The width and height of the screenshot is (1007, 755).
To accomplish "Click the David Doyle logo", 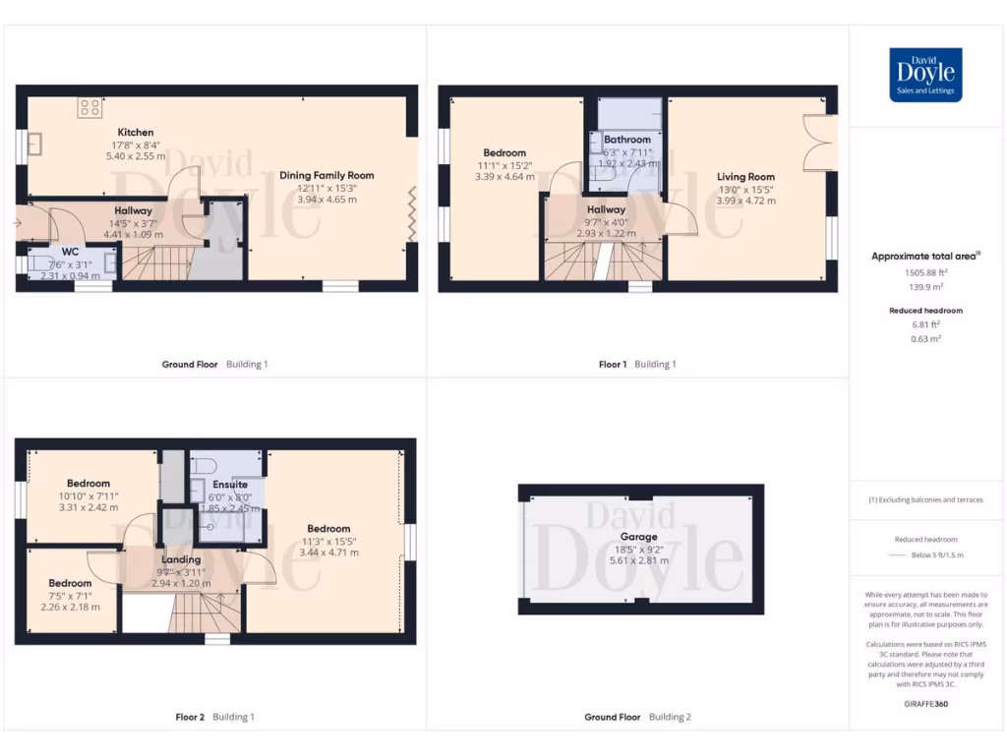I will pos(925,75).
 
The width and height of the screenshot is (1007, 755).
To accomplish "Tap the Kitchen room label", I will pos(136,133).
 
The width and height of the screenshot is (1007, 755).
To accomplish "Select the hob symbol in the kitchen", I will pos(90,107).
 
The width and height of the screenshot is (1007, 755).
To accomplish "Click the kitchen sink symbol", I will pos(35,145).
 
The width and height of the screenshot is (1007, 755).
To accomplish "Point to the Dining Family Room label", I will pos(326,175).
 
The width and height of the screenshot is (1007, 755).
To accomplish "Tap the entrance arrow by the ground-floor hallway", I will pos(17,223).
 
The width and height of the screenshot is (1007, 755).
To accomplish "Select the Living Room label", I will pos(745,177).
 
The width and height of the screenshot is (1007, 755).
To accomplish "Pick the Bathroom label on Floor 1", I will pos(626,140).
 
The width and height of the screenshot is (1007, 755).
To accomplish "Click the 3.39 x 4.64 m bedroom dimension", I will pos(504,177).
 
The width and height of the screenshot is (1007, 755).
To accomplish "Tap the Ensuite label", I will pos(230,485).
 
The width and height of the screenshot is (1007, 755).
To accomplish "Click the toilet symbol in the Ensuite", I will pos(204,465).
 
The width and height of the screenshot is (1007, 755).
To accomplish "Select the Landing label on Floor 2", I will pos(181,560).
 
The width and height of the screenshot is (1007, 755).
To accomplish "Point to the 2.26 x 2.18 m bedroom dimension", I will pos(71,607).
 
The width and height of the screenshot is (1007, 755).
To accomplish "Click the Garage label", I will pos(638,538).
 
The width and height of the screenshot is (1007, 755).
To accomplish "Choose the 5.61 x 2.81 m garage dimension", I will pos(639,560).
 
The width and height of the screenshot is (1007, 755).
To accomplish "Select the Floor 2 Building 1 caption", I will pos(207,717).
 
